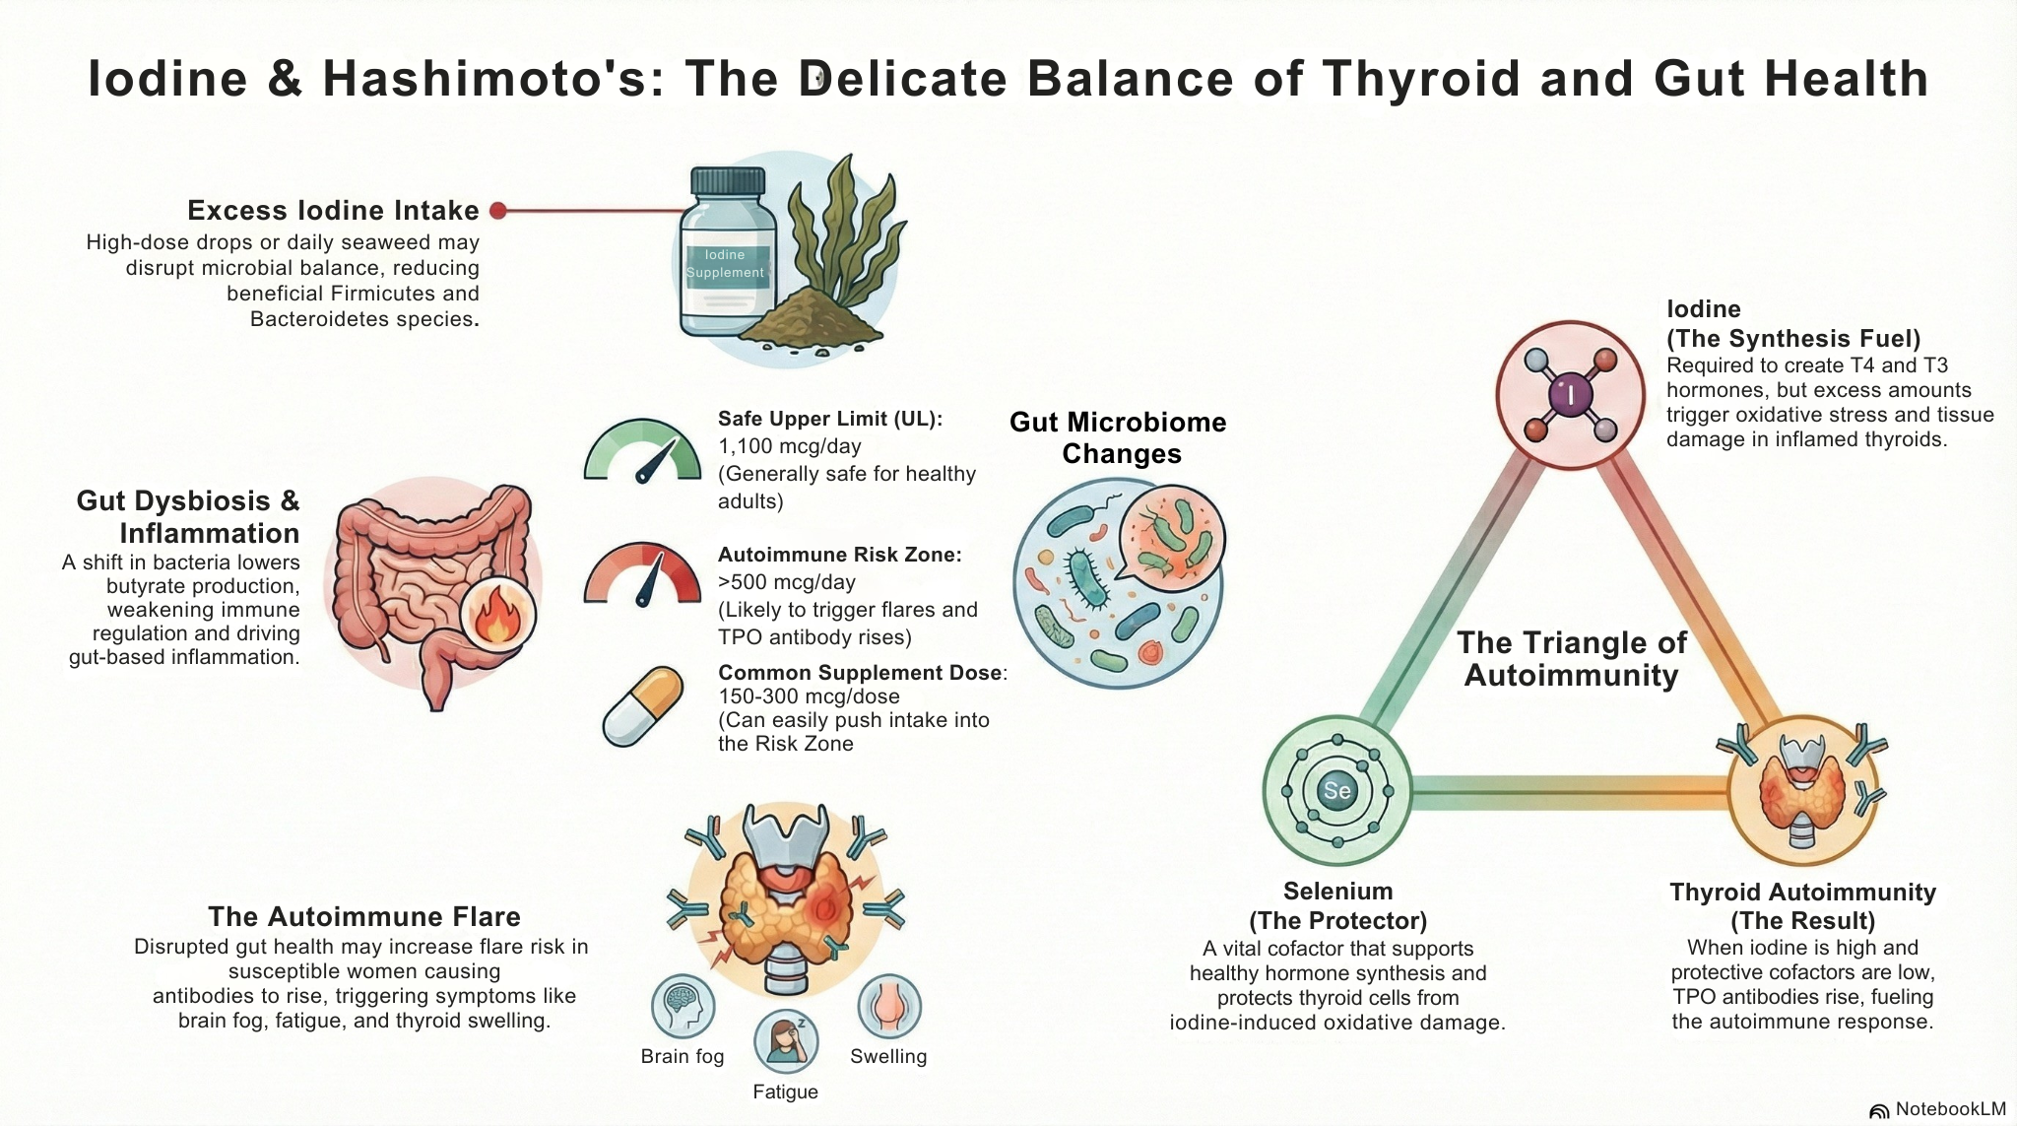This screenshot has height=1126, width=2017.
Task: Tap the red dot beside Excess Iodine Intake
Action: pos(498,210)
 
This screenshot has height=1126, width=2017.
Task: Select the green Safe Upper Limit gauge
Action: pos(642,451)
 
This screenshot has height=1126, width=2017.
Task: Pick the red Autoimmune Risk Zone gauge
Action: pos(642,575)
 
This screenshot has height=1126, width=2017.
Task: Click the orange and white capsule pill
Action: pos(643,706)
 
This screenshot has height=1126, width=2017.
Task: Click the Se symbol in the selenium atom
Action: pos(1336,790)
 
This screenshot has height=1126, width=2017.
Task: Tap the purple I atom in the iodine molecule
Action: pos(1570,395)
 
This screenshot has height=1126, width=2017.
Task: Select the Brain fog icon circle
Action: pos(683,1007)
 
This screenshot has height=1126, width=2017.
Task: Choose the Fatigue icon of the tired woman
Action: pos(786,1041)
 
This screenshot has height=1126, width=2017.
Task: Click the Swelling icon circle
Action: pos(889,1007)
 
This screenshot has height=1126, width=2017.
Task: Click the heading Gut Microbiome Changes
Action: pos(1119,437)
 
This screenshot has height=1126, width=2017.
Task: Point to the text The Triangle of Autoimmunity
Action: pos(1571,659)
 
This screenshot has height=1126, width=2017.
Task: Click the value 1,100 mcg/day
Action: pos(789,446)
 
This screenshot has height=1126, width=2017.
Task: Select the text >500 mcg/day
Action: pos(786,582)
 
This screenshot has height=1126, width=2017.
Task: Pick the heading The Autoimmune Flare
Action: pos(363,917)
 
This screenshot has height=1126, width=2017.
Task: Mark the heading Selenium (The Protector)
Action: pos(1337,906)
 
